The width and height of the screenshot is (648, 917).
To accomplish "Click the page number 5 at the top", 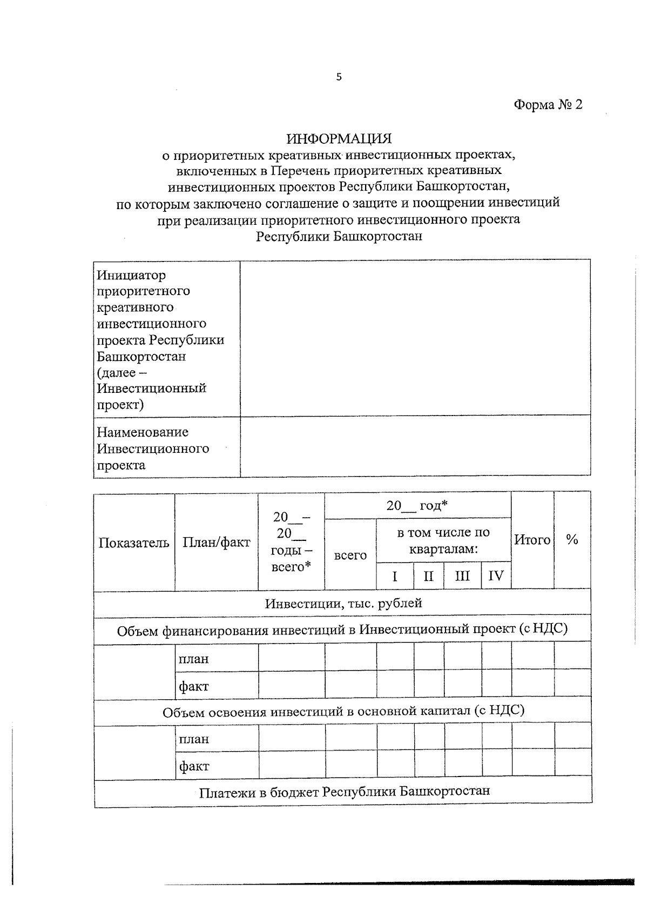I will [x=339, y=77].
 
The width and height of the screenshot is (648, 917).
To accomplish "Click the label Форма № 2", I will [x=548, y=105].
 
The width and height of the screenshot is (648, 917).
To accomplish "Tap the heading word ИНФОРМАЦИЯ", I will [x=339, y=139].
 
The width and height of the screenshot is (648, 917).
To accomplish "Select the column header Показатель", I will [x=134, y=543].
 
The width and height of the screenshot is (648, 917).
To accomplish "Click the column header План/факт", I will [x=216, y=542].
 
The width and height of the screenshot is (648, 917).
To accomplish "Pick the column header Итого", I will [x=532, y=539].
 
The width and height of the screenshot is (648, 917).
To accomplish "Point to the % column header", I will [x=572, y=539].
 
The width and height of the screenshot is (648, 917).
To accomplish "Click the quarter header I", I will [x=395, y=576].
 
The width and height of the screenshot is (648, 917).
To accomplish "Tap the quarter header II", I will [x=428, y=576].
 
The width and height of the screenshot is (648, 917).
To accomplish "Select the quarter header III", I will [x=462, y=576].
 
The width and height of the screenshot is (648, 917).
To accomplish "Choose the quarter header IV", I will [x=496, y=576].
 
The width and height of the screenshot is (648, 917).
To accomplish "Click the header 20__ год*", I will [x=417, y=506].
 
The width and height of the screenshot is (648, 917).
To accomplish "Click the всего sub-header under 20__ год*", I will [x=350, y=555].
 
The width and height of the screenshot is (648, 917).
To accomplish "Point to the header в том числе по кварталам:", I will [x=443, y=541].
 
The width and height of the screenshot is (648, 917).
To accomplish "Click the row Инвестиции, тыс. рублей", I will [x=343, y=604].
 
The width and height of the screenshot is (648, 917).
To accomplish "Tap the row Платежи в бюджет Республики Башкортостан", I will [x=344, y=792].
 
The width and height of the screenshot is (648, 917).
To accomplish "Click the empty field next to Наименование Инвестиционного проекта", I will [x=415, y=446].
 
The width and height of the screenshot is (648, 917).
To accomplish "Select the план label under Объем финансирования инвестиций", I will [x=194, y=659].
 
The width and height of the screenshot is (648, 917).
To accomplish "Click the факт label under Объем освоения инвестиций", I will [x=194, y=766].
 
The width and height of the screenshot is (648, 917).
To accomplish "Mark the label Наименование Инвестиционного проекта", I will [x=153, y=449].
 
